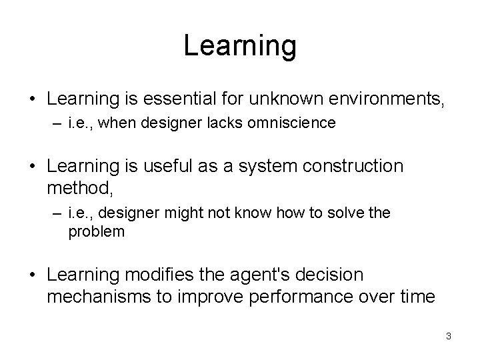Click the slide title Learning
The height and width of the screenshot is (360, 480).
coord(239,46)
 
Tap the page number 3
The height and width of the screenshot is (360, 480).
coord(449,335)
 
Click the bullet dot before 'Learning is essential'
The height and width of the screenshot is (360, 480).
coord(33,101)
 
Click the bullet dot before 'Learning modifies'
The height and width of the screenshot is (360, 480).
coord(33,276)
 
